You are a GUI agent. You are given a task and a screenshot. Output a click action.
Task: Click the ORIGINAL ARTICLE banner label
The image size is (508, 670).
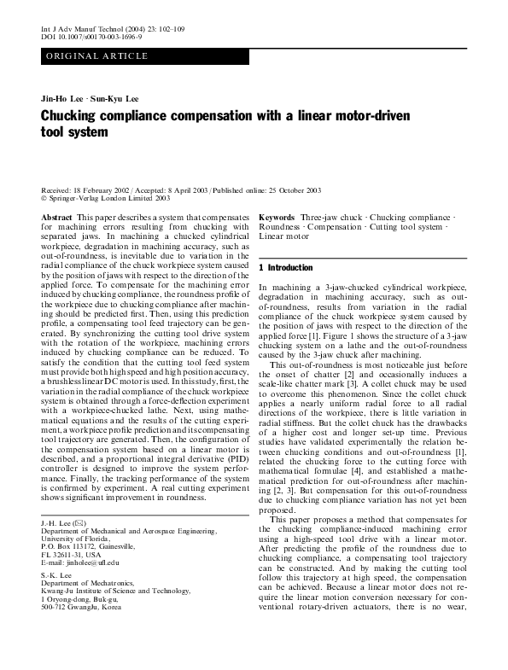(97, 56)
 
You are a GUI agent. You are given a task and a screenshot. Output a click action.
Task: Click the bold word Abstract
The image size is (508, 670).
(57, 218)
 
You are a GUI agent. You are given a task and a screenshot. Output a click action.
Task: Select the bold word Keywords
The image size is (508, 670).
(277, 218)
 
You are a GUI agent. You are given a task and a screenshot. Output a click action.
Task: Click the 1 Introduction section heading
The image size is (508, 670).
(286, 267)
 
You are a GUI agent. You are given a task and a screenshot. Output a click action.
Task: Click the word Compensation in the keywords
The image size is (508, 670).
(330, 227)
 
